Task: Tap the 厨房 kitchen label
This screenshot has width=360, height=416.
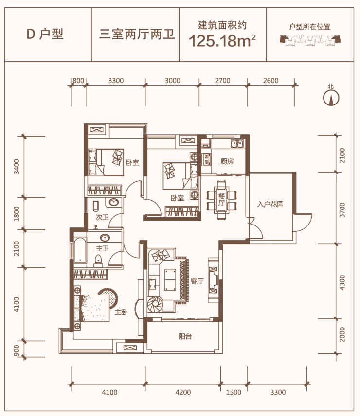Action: coord(227,161)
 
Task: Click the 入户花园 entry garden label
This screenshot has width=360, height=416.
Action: coord(270,204)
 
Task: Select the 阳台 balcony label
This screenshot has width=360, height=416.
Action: coord(185,337)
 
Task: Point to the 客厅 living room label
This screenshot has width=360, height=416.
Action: coord(197,281)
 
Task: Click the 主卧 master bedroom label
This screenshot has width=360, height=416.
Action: coord(121,312)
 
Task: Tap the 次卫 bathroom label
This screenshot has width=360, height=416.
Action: coord(102,217)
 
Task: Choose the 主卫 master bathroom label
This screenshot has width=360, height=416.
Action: coord(102,248)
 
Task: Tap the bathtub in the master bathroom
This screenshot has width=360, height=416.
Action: coord(80,250)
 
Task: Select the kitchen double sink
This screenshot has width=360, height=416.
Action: coord(237,143)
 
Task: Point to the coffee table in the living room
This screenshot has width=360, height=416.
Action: coord(170,279)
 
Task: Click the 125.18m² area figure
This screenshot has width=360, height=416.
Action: coord(222,41)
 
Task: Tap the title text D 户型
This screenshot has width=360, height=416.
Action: coord(45,34)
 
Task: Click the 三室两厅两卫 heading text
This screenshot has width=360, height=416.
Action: coord(137,34)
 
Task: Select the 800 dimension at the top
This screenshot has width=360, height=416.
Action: coord(78,80)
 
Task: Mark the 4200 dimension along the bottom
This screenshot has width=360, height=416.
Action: coord(183,392)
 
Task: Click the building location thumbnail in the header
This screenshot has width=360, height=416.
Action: coord(310,40)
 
